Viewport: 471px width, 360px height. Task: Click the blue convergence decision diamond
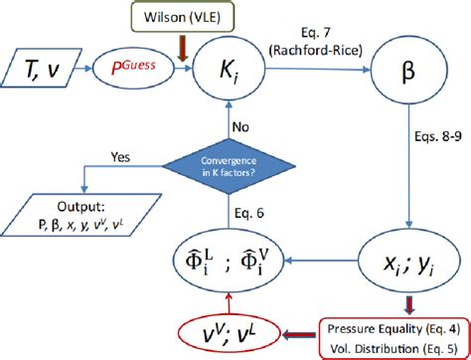coord(237,166)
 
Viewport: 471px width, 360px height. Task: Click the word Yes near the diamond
coord(120,155)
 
